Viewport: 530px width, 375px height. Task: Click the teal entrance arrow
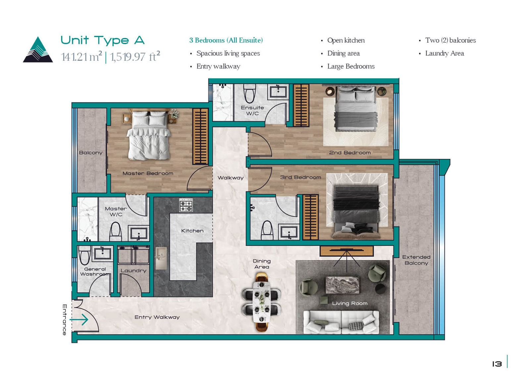[x=79, y=320]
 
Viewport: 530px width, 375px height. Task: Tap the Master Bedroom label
[x=148, y=174]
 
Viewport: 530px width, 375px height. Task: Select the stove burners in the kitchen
[x=186, y=205]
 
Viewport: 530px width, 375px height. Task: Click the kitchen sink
[x=161, y=258]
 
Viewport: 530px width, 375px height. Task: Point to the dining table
[x=261, y=302]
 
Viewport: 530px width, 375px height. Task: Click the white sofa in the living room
[x=341, y=322]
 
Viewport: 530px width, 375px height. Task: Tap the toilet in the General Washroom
[x=84, y=255]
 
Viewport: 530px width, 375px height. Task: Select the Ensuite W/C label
[x=252, y=111]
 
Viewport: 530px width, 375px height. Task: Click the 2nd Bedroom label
[x=350, y=153]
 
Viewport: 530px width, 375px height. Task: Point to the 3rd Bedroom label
[x=300, y=178]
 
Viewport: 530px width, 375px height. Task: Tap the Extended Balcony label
[x=416, y=260]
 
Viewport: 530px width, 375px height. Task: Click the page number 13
[x=497, y=364]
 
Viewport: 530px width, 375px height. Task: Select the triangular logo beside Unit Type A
[x=38, y=49]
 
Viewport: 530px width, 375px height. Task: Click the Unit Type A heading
[x=102, y=40]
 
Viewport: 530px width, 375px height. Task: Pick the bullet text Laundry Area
[x=444, y=53]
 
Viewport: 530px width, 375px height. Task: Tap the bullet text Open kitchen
[x=346, y=40]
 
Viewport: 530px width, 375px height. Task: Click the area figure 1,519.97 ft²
[x=135, y=56]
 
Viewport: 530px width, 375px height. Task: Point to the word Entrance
[x=65, y=320]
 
